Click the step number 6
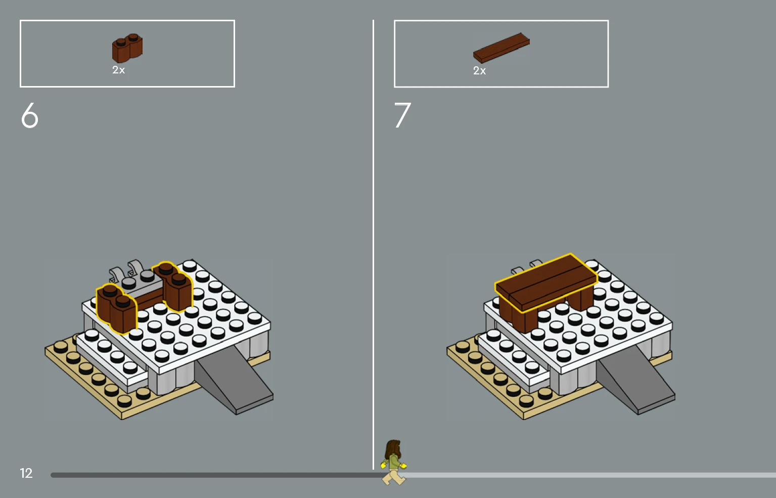[29, 115]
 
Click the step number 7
[402, 115]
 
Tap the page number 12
[26, 473]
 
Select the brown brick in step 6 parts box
[127, 48]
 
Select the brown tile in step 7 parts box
[501, 48]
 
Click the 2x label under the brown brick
[118, 70]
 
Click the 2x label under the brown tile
[479, 71]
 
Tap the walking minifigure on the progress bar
[393, 462]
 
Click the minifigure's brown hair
[393, 449]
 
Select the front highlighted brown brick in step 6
[116, 308]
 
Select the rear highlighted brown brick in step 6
[172, 286]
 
